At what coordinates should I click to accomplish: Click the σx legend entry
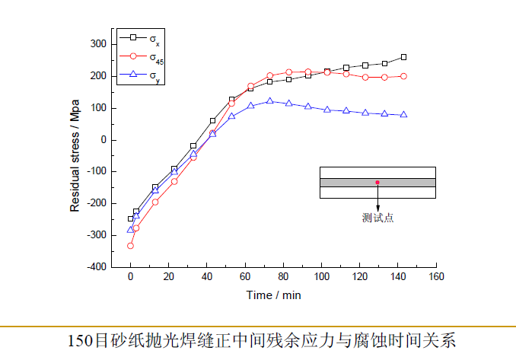click(141, 37)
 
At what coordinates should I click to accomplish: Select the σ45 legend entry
click(141, 56)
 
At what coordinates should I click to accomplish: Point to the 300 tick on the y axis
click(97, 44)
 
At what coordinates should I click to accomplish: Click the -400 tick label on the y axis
click(94, 267)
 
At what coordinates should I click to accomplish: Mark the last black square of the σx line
click(403, 57)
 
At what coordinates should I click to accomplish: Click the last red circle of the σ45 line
click(403, 76)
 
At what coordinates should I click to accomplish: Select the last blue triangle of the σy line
click(403, 114)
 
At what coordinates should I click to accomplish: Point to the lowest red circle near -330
click(130, 246)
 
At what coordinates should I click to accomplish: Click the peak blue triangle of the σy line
click(270, 100)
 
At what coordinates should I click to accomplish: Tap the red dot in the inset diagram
click(377, 183)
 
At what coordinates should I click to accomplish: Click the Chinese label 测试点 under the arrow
click(377, 218)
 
